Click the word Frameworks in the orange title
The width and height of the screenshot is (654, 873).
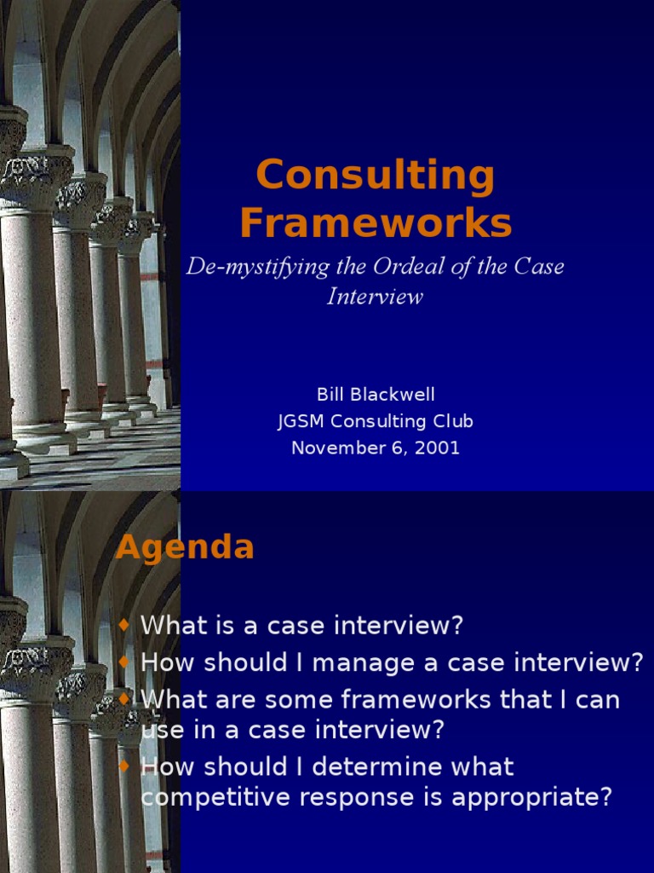[376, 223]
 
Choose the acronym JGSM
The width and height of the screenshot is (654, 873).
[301, 421]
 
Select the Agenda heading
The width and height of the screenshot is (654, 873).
[185, 547]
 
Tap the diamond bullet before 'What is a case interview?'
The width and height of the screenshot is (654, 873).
[124, 625]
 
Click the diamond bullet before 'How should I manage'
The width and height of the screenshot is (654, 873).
[124, 662]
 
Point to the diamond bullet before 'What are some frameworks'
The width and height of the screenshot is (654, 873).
[124, 698]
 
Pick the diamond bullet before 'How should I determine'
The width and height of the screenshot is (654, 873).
[124, 766]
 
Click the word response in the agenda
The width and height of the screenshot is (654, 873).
[350, 799]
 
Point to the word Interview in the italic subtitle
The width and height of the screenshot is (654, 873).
[375, 298]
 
